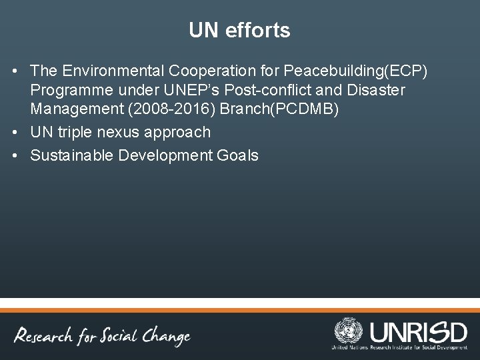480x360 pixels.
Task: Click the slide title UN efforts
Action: pos(239,30)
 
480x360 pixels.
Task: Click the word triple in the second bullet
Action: pos(79,132)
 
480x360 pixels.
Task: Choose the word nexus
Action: pos(128,132)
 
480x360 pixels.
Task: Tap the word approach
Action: pos(182,132)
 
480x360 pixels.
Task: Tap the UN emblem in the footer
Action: pos(346,333)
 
